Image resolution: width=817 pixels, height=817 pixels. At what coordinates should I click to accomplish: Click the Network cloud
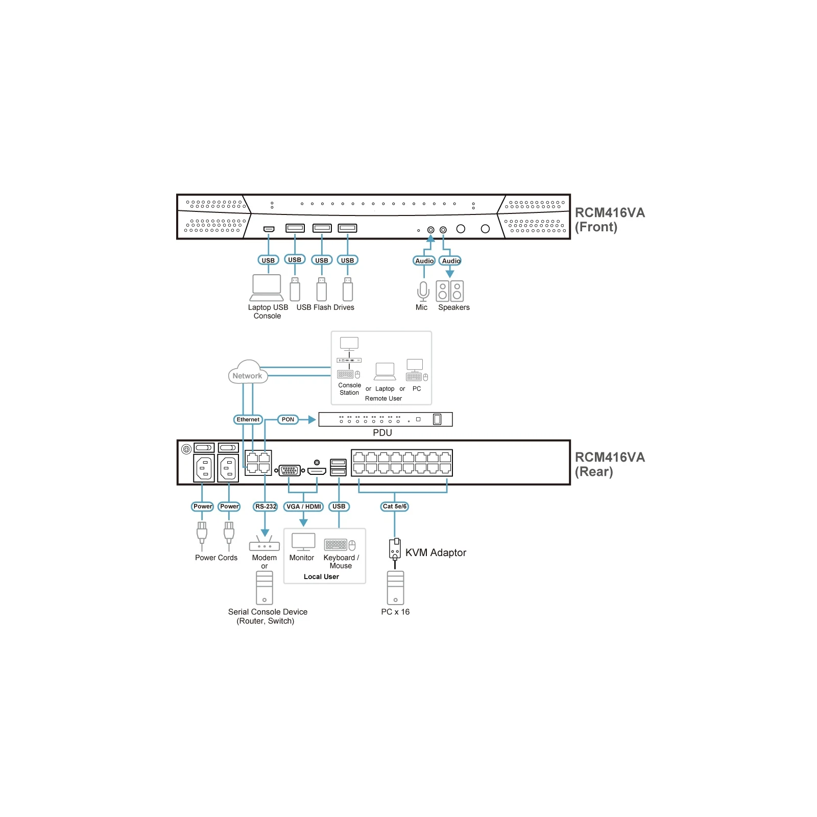tap(247, 372)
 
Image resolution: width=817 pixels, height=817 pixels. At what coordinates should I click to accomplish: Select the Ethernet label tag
tap(248, 420)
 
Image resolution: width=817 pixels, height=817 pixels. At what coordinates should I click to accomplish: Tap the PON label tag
tap(288, 420)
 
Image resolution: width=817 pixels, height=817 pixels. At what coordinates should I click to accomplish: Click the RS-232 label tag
tap(266, 507)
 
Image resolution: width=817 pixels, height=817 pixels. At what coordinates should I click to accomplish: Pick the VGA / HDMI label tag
tap(304, 507)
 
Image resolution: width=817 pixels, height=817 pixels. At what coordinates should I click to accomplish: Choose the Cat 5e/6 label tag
tap(395, 507)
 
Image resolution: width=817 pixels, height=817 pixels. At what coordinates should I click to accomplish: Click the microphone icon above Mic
tap(423, 291)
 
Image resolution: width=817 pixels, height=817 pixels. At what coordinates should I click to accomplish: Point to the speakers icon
tap(450, 291)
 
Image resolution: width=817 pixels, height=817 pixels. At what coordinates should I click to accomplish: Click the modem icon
tap(265, 543)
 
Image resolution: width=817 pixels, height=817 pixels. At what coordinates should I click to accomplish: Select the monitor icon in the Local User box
tap(303, 542)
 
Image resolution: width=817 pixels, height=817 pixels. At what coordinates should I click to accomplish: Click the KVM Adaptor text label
tap(436, 552)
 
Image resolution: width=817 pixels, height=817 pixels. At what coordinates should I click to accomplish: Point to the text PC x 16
tap(395, 612)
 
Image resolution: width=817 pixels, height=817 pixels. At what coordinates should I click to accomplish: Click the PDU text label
tap(382, 432)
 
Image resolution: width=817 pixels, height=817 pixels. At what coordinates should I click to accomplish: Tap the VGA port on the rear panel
tap(290, 470)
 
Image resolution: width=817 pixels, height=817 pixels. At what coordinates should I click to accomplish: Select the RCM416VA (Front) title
tap(610, 220)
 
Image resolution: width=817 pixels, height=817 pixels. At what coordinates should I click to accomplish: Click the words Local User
tap(321, 576)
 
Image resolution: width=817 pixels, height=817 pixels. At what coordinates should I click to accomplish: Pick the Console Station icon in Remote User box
tap(349, 358)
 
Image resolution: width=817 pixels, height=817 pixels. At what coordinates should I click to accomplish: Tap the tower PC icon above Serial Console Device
tap(265, 588)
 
